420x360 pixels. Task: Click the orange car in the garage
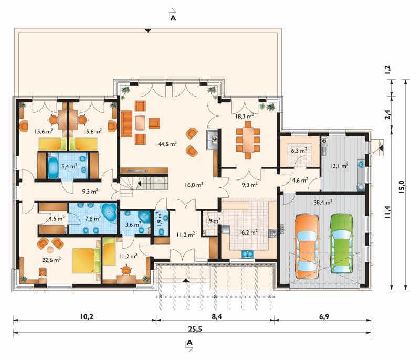307,247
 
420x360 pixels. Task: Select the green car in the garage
342,243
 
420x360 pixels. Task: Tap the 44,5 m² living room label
167,144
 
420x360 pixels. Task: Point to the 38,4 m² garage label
323,202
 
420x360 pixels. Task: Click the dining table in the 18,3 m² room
248,140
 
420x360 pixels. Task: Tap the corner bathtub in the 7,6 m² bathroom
109,212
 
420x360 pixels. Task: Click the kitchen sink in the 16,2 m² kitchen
248,254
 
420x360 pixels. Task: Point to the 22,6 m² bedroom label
51,260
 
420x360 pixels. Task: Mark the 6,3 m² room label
299,151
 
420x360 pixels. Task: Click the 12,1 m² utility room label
339,166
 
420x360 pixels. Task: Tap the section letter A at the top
173,18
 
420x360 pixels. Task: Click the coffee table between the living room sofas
140,123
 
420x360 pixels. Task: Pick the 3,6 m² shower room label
133,224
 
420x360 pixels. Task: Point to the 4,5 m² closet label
57,219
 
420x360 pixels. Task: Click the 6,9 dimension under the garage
324,316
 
